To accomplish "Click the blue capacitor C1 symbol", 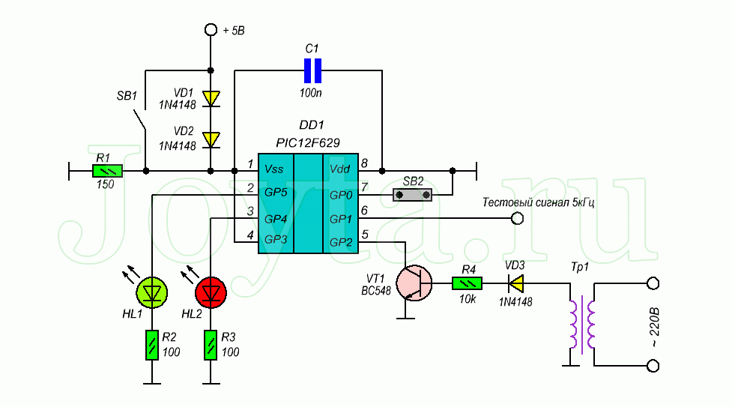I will (312, 71).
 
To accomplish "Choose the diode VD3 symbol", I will (515, 283).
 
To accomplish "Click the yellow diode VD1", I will (212, 97).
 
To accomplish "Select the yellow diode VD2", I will (212, 139).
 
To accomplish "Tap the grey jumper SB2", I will (414, 195).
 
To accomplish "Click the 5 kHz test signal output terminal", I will (516, 218).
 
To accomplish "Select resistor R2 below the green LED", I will (152, 344).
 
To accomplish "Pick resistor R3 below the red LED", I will (211, 344).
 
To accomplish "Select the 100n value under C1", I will (312, 94).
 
